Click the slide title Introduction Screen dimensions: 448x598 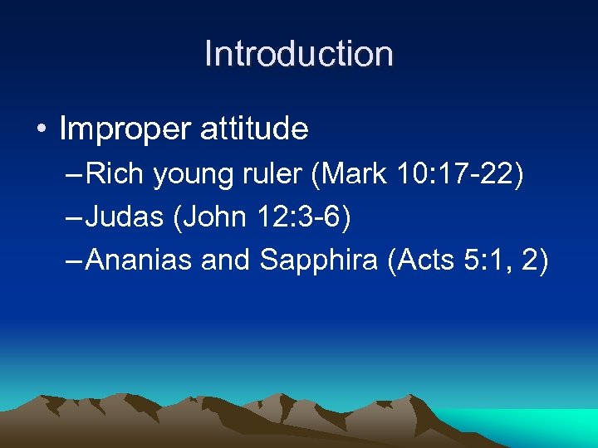pos(298,54)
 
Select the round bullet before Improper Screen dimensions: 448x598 pos(42,130)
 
